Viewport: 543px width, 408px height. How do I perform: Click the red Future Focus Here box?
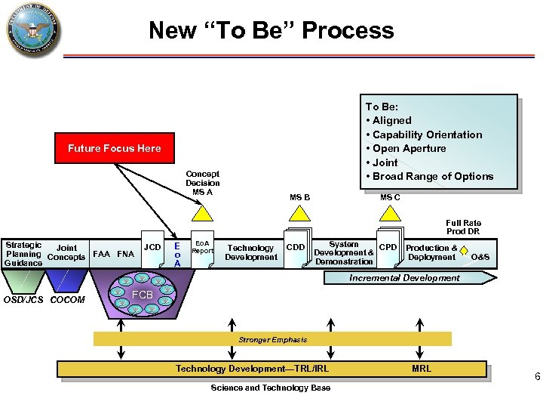click(114, 148)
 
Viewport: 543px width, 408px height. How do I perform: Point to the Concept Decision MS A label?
click(202, 183)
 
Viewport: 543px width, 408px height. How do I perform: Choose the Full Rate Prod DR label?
click(463, 227)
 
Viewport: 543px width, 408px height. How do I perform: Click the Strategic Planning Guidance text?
click(23, 254)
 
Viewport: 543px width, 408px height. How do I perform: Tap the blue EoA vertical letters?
click(176, 255)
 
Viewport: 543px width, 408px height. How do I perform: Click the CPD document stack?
click(388, 248)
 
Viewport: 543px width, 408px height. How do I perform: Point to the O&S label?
click(480, 258)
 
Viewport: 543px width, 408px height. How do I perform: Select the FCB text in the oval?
click(143, 294)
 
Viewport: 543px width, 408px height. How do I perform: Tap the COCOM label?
click(67, 300)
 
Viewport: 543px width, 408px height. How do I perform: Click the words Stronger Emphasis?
click(273, 340)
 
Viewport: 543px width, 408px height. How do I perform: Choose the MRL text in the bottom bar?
click(422, 369)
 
